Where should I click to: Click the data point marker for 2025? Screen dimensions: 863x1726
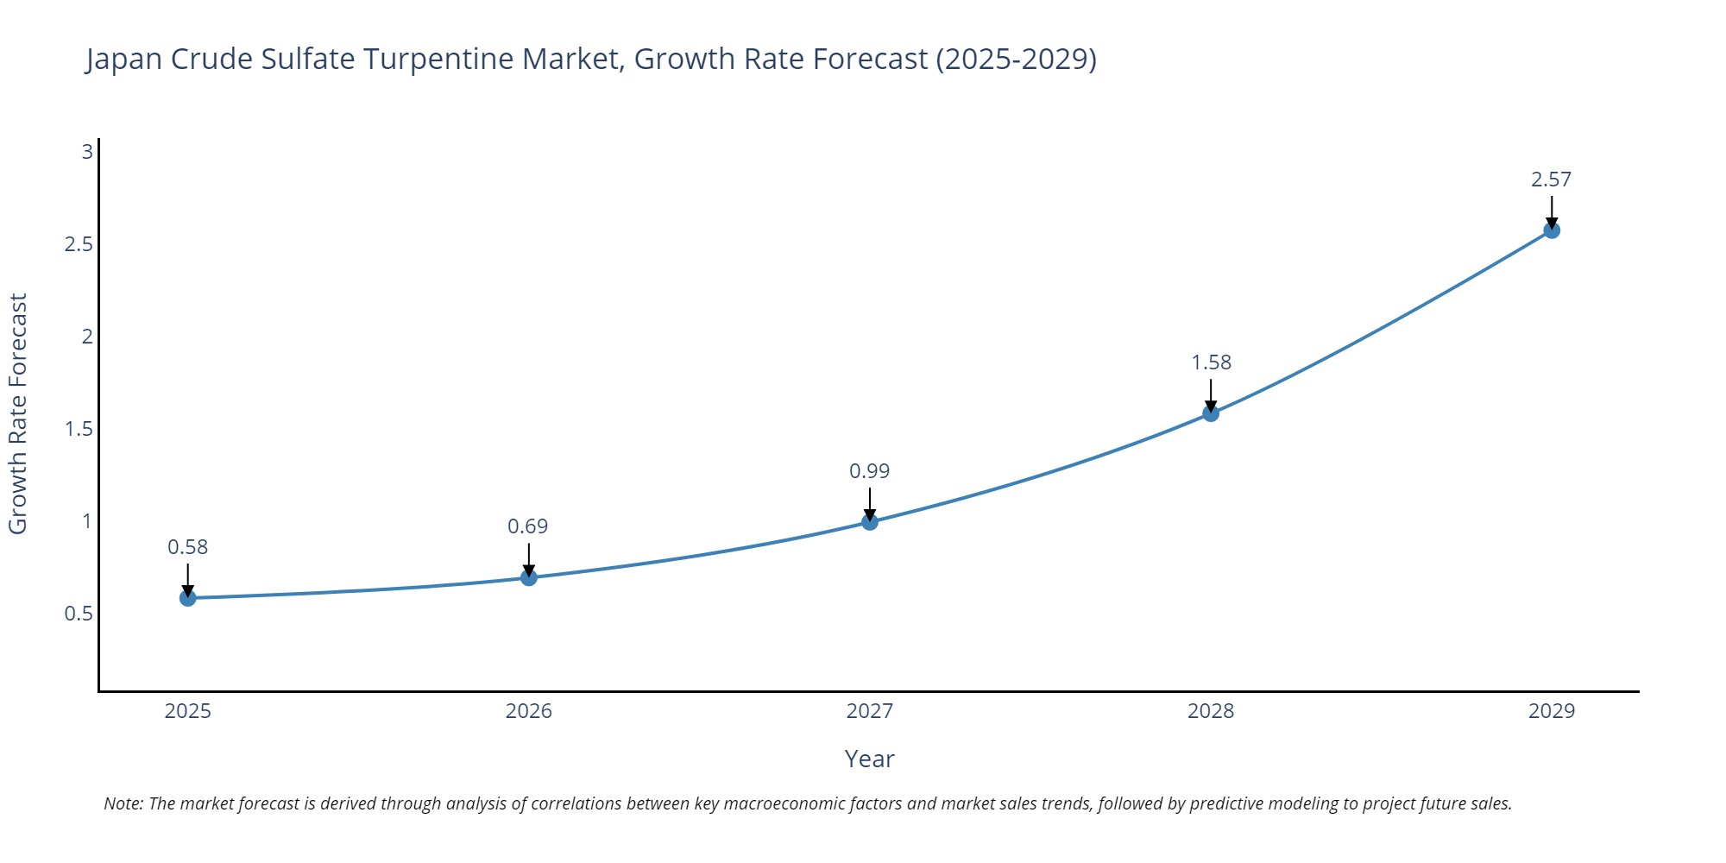click(x=188, y=598)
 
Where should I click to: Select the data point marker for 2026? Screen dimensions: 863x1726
click(x=529, y=577)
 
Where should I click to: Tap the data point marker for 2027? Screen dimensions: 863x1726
click(x=870, y=522)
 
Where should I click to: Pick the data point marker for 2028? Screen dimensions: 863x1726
click(x=1211, y=413)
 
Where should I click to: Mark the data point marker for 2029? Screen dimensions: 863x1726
click(x=1552, y=230)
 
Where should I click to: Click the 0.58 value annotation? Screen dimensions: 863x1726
click(x=188, y=547)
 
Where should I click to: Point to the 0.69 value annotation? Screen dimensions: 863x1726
click(x=528, y=526)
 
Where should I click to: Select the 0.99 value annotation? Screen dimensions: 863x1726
click(x=870, y=471)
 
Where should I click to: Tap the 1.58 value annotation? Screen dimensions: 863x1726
click(x=1212, y=362)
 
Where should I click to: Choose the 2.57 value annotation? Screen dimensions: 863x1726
click(x=1552, y=180)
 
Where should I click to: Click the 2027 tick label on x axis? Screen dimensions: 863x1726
click(x=870, y=711)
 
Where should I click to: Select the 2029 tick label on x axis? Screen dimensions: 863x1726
click(x=1552, y=711)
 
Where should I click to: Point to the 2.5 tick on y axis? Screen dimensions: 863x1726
click(x=79, y=244)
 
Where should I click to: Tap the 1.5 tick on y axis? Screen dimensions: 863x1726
click(x=79, y=429)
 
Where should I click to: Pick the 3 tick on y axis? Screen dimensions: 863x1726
click(x=87, y=152)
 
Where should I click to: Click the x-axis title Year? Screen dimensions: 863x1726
click(x=870, y=759)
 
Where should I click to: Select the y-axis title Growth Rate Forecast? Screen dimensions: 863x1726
click(x=18, y=413)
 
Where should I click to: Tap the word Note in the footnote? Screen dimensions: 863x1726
click(x=123, y=803)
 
